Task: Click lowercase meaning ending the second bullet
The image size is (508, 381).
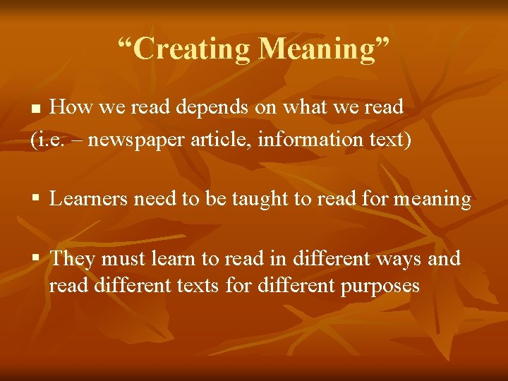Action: [433, 200]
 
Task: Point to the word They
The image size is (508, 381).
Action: [73, 259]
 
